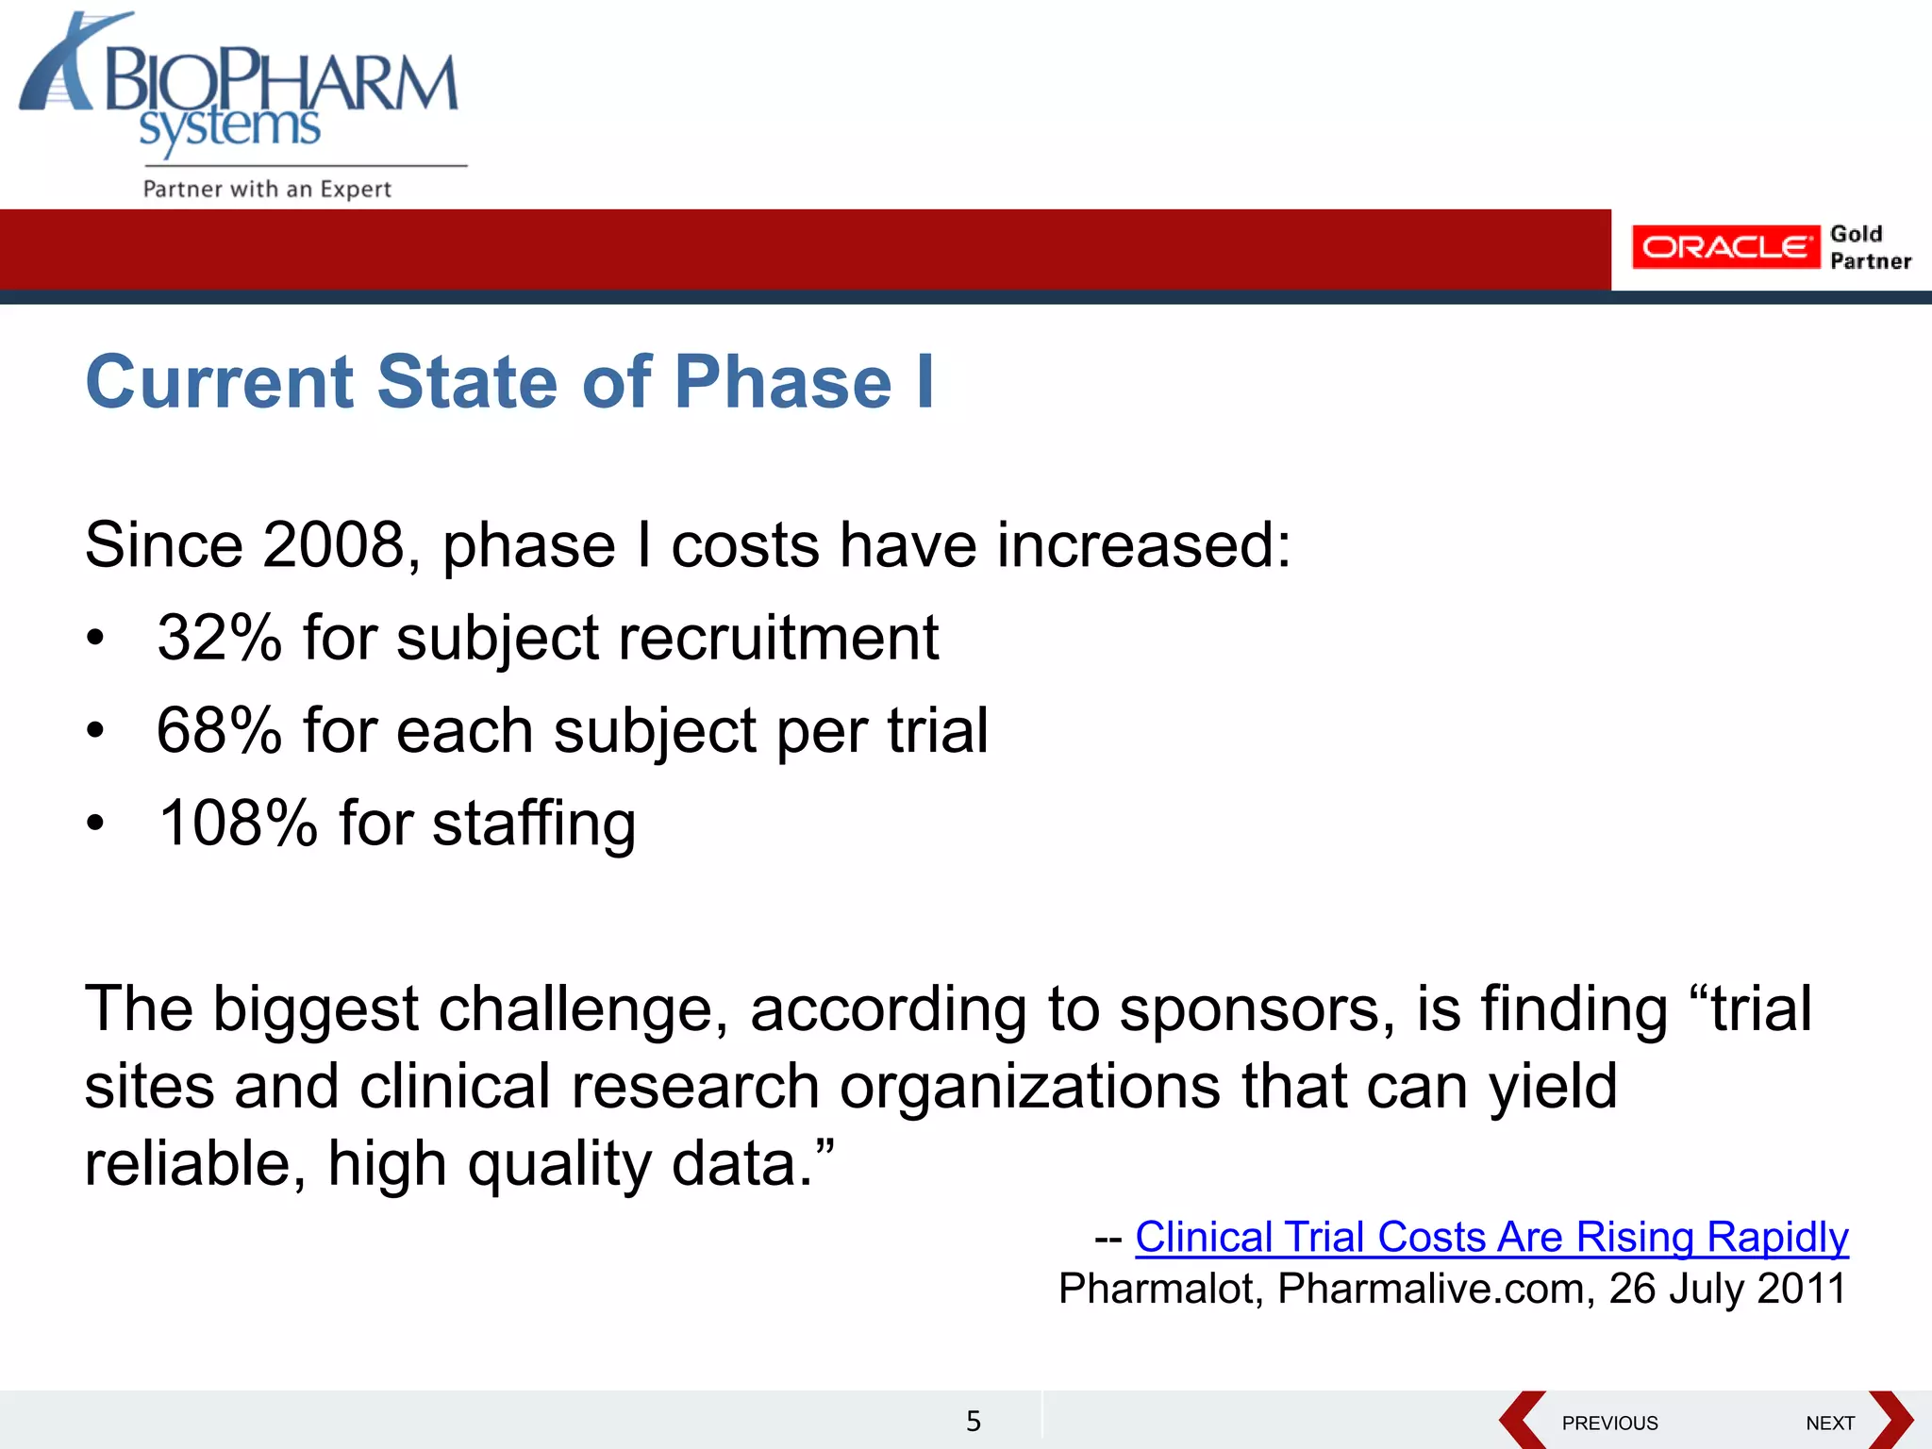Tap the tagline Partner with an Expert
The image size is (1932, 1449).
[267, 189]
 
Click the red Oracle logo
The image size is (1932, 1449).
[1724, 247]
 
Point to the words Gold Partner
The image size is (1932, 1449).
[1869, 247]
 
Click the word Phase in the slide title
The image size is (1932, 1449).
[782, 382]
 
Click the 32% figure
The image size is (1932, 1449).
[219, 638]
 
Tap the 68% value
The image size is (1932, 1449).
[219, 730]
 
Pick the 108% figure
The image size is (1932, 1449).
[238, 823]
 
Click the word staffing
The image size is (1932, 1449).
[534, 824]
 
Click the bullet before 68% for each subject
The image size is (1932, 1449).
[94, 731]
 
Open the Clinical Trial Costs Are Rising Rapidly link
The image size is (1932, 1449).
[1491, 1237]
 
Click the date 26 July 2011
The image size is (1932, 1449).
[1726, 1289]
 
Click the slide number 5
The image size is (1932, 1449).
[974, 1421]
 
